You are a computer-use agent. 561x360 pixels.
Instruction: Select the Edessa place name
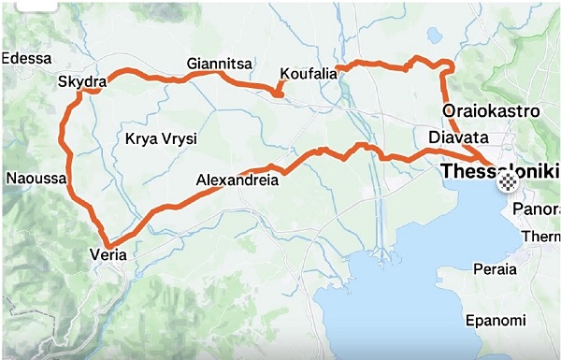(26, 58)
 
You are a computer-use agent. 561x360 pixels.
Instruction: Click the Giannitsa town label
(220, 64)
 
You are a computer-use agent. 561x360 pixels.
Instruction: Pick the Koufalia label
(308, 75)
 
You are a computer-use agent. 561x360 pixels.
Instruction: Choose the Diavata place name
(458, 138)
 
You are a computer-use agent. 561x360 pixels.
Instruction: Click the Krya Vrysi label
(161, 139)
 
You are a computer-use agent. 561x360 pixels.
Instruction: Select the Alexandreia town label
(237, 180)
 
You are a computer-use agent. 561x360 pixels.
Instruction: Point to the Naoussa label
(34, 177)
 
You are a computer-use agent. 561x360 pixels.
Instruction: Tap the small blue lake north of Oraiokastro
(434, 35)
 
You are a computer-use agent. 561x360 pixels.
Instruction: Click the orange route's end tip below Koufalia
(279, 94)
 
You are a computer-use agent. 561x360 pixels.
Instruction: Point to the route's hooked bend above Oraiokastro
(449, 65)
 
